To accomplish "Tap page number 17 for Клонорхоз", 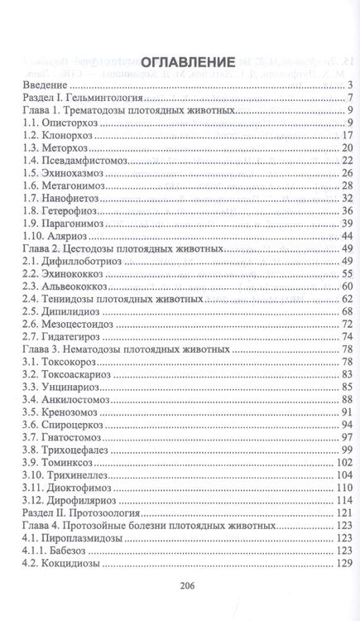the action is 348,136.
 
